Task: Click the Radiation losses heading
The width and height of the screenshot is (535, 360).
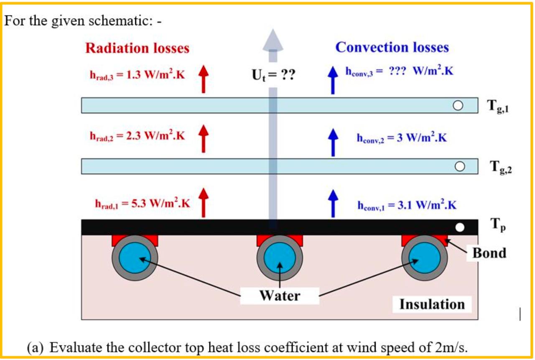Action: point(138,49)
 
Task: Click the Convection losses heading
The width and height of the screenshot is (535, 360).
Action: point(392,47)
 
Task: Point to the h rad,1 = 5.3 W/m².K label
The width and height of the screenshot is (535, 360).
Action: point(143,204)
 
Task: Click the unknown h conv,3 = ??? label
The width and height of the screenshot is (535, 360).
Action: point(399,71)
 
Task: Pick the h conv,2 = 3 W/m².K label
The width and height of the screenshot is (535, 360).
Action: point(402,138)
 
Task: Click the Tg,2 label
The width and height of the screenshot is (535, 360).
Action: point(500,168)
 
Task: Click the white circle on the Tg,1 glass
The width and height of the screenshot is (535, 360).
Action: point(459,105)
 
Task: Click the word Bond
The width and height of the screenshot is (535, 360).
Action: point(489,253)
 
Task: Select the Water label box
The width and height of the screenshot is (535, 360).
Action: point(280,296)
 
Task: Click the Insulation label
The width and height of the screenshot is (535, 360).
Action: point(432,304)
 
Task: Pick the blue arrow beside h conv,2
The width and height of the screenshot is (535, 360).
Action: point(333,141)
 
